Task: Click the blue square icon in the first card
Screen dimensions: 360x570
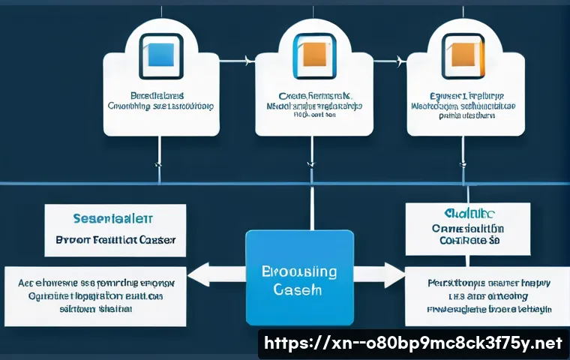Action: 160,57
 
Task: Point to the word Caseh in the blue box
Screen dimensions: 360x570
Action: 299,289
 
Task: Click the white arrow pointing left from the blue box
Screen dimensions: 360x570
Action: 214,274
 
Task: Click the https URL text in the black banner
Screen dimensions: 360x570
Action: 414,343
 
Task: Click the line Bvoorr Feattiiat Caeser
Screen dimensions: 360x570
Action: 115,241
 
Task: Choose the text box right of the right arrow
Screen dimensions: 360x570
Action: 483,295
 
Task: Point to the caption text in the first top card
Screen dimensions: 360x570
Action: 160,101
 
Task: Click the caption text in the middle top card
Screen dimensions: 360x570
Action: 313,106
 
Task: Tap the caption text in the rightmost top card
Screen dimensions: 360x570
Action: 465,106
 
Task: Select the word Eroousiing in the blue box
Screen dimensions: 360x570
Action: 299,271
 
